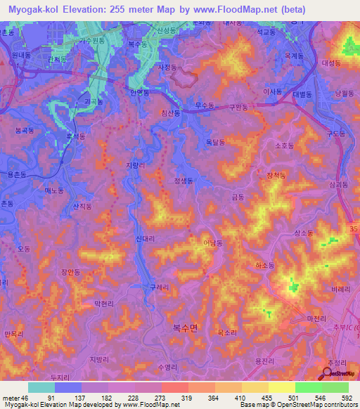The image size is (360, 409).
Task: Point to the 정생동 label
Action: (x=184, y=181)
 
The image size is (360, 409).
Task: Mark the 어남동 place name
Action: (x=213, y=243)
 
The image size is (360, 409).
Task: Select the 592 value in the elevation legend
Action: (x=348, y=398)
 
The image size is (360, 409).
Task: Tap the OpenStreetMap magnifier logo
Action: (x=328, y=374)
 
